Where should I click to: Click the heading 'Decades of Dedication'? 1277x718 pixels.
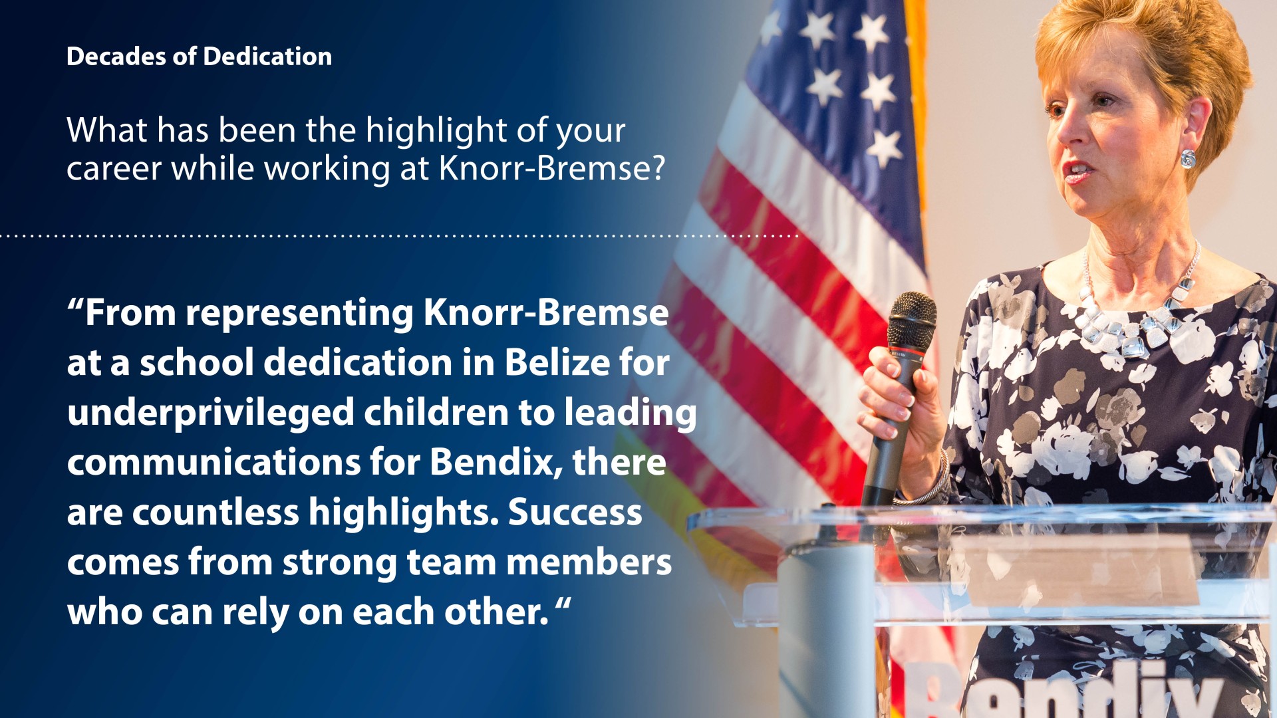click(199, 57)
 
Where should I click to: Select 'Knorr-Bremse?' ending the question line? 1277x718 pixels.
click(552, 168)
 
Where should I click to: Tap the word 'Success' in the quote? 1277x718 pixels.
click(575, 513)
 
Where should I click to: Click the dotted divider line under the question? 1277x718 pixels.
click(399, 236)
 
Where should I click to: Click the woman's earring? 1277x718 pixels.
click(1187, 158)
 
